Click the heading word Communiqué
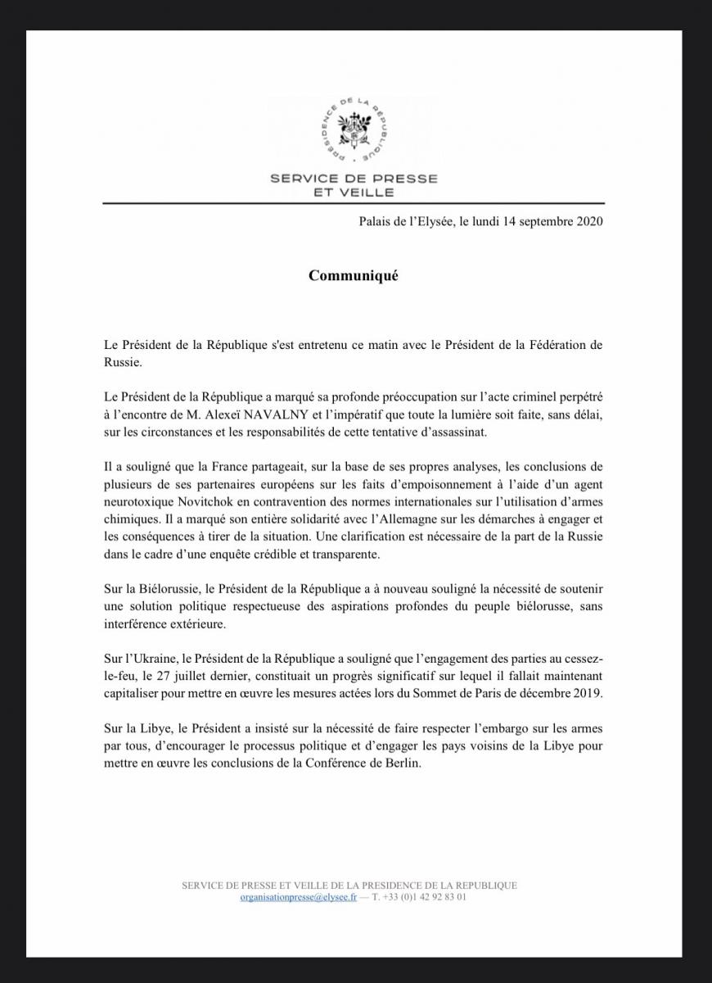pos(353,276)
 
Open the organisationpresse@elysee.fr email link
pos(299,897)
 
